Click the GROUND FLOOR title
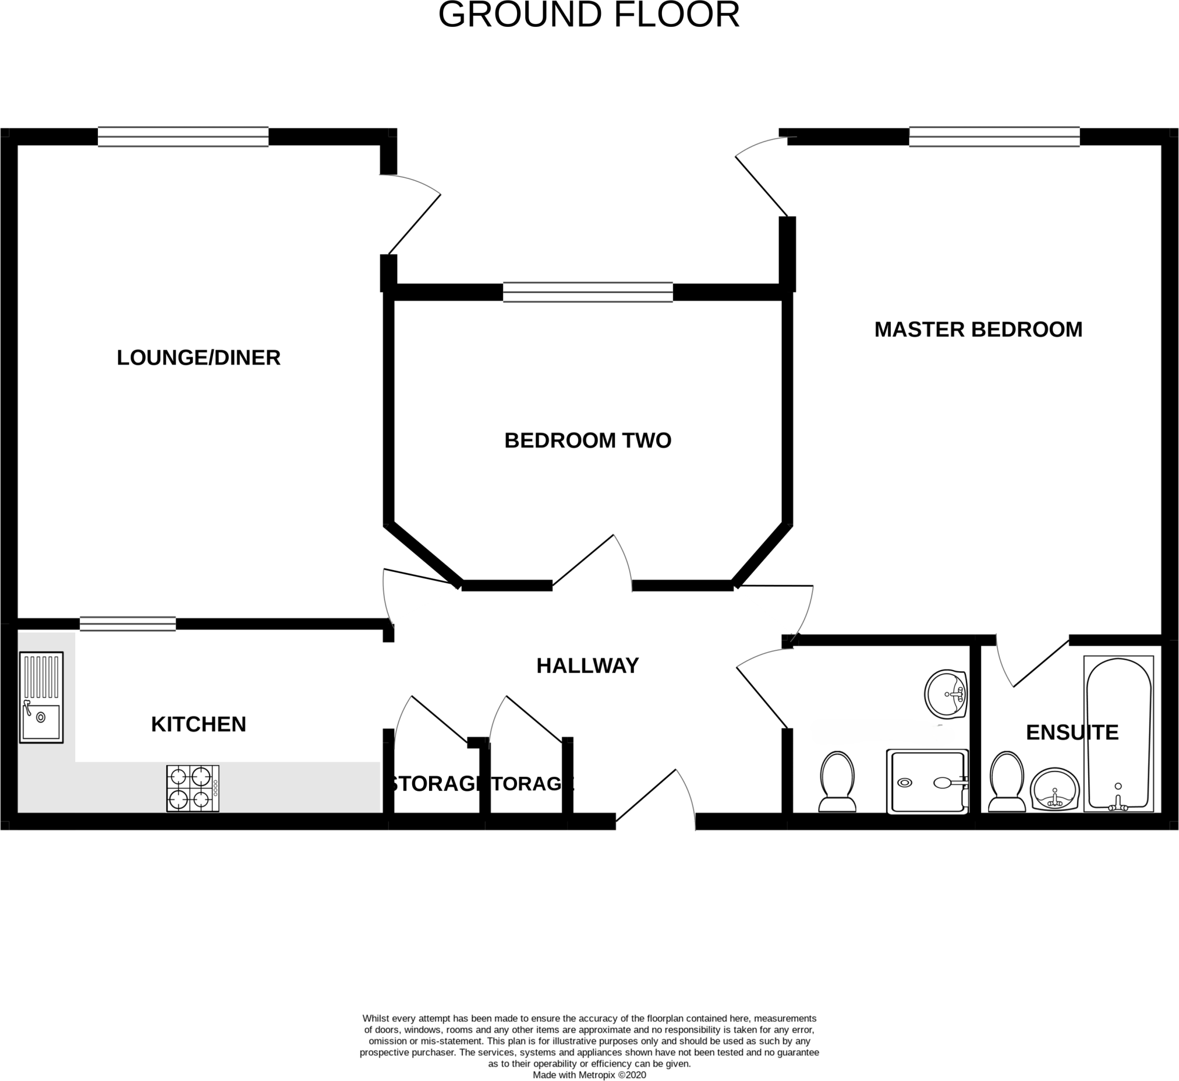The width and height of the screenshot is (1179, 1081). click(x=589, y=15)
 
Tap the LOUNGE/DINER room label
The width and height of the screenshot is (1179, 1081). click(x=199, y=358)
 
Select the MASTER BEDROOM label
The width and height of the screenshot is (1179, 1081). click(x=978, y=329)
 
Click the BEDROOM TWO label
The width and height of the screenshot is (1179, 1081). click(x=587, y=440)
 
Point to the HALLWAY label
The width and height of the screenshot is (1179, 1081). click(x=587, y=665)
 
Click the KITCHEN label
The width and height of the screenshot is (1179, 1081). click(x=199, y=724)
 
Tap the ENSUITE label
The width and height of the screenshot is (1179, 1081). click(x=1071, y=732)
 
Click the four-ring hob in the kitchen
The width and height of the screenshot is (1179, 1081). click(x=192, y=788)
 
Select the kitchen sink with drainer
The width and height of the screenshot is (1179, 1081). click(x=41, y=697)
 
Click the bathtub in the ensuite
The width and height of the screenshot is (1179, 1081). click(x=1118, y=733)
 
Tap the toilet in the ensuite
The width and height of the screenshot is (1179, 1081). click(x=1007, y=782)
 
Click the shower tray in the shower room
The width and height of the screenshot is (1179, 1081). click(x=927, y=781)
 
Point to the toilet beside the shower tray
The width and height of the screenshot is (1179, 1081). click(x=837, y=782)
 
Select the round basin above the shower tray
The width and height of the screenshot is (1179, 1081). click(x=945, y=694)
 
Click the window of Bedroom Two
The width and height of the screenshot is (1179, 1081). click(x=587, y=291)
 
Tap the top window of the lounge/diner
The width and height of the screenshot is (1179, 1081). click(x=183, y=136)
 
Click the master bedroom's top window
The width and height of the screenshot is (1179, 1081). click(x=994, y=136)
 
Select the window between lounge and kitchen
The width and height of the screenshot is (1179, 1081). click(x=128, y=624)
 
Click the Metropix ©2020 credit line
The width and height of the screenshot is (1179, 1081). click(x=589, y=1075)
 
